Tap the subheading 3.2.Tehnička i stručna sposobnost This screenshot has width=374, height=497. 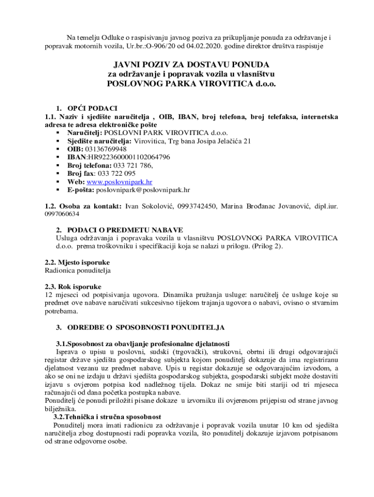[x=107, y=417]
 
